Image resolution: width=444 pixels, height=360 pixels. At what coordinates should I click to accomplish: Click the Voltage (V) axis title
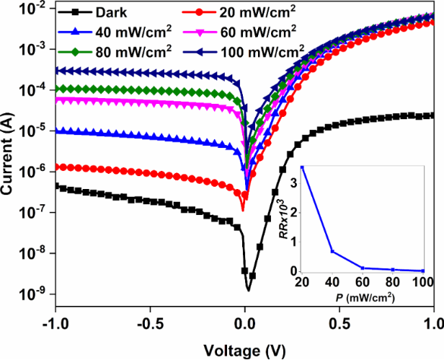[245, 351]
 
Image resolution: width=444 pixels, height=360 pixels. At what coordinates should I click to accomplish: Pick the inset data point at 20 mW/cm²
[303, 167]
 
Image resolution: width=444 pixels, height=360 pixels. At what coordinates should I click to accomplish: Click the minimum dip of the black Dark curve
[249, 289]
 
